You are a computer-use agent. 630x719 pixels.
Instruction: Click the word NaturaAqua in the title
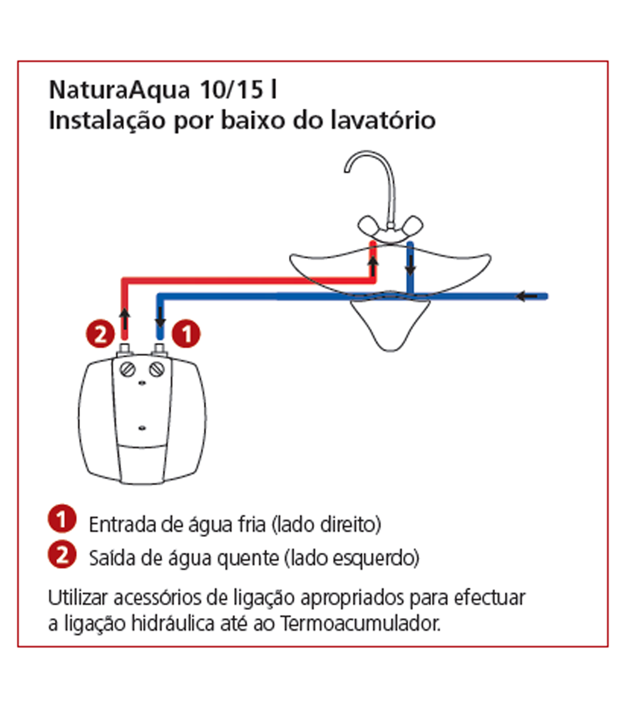(119, 90)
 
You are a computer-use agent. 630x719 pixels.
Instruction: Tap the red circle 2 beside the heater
(100, 334)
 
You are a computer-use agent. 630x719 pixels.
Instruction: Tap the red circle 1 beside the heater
(186, 334)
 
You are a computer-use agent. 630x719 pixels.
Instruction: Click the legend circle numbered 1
(62, 519)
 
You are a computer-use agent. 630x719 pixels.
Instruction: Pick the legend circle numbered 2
(62, 555)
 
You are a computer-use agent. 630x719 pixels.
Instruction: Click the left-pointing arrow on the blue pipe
(527, 296)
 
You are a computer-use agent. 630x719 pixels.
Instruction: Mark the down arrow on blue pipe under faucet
(410, 266)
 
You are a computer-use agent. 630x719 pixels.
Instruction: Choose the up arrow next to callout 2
(125, 319)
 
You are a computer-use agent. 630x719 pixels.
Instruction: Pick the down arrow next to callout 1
(160, 317)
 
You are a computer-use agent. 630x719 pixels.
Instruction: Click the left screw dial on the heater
(127, 370)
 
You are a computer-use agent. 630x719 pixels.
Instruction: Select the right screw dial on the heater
(157, 370)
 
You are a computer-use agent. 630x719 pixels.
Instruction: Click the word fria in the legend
(252, 524)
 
